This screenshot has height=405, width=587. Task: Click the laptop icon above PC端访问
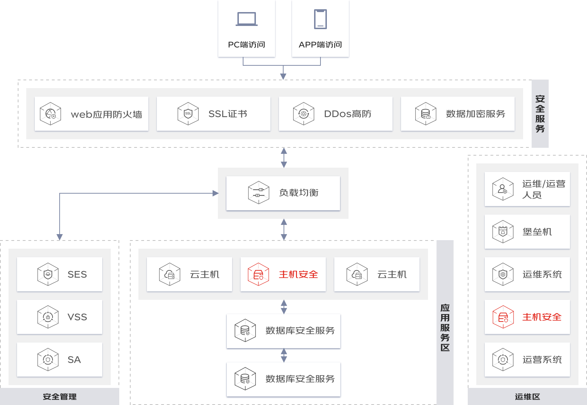click(x=246, y=19)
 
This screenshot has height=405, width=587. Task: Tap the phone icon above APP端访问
click(x=320, y=19)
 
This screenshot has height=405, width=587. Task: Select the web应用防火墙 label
click(x=106, y=114)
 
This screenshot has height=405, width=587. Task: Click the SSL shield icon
click(x=188, y=114)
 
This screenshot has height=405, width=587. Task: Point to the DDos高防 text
click(x=347, y=114)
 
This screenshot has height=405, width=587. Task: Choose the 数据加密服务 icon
click(x=426, y=114)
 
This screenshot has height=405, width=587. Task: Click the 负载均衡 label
click(x=299, y=193)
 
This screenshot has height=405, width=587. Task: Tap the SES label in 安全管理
click(x=77, y=274)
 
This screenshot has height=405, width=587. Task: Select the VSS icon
click(x=48, y=317)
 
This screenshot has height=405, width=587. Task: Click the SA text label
click(x=74, y=360)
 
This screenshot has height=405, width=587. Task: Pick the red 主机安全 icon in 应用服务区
click(x=258, y=274)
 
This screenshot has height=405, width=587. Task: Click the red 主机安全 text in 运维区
click(x=542, y=317)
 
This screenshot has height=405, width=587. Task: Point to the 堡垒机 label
click(x=537, y=232)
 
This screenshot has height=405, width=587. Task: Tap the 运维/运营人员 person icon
click(x=503, y=189)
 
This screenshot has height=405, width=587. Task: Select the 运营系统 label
click(x=542, y=360)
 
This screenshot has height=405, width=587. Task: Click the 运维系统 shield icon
click(x=503, y=274)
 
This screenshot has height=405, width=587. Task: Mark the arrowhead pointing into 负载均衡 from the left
click(x=215, y=193)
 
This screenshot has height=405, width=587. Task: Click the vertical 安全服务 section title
click(x=540, y=114)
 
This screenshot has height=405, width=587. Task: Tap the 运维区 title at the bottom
click(x=527, y=396)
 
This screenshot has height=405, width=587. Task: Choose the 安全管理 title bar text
click(x=60, y=396)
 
